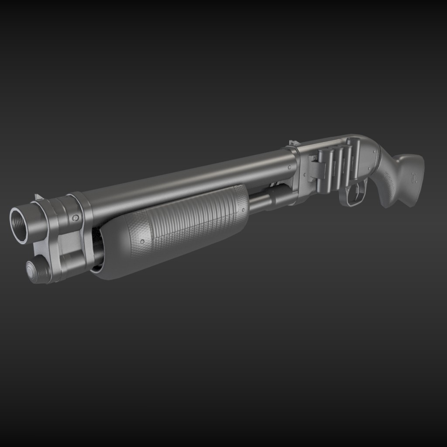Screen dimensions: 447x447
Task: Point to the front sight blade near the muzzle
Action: tap(38, 197)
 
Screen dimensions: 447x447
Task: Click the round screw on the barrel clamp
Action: tap(76, 217)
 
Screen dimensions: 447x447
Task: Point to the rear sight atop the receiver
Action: tap(294, 143)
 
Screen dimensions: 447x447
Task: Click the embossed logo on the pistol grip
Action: tap(413, 177)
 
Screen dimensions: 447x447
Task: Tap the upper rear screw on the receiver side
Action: tap(375, 151)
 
